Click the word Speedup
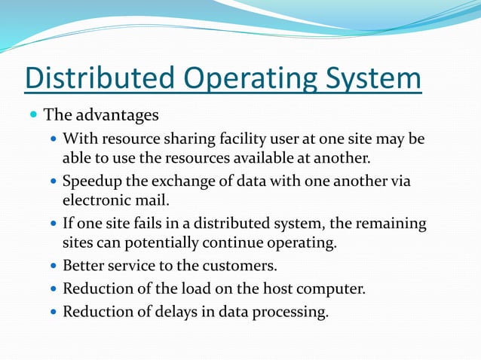93,182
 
